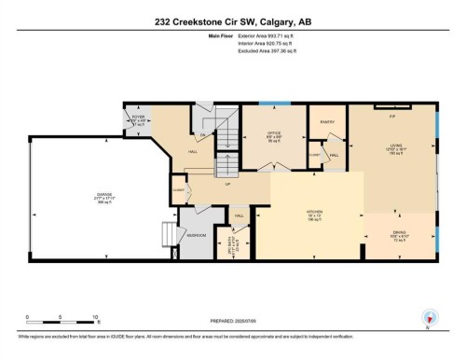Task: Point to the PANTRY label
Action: point(326,121)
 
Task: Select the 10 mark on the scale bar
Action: point(96,318)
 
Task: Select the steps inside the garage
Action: point(167,231)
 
